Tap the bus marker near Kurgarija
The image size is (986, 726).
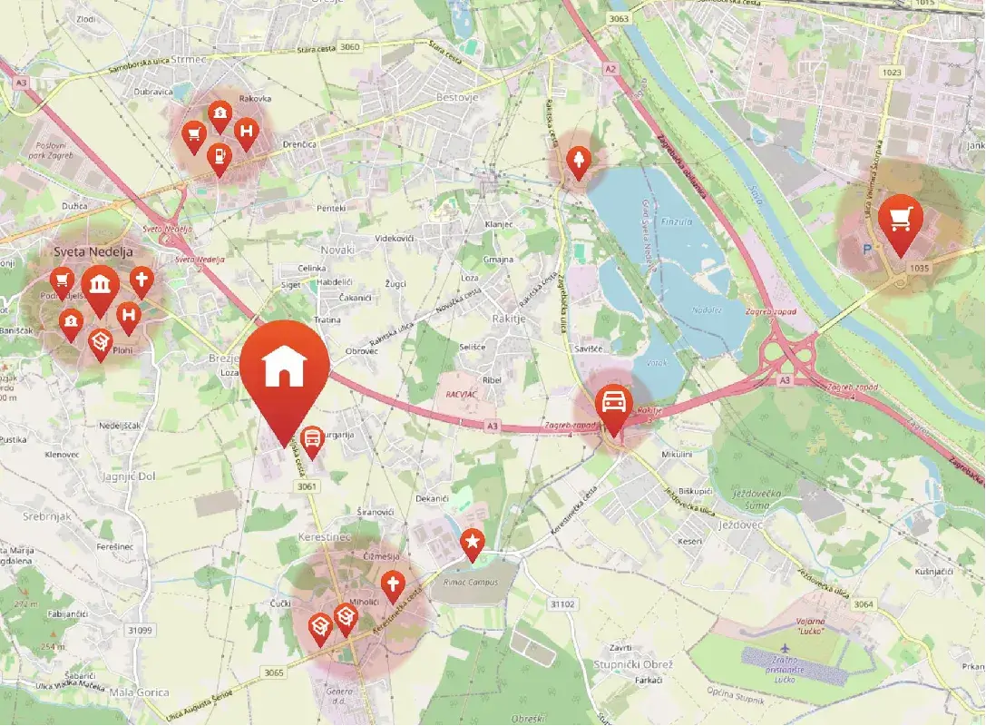click(311, 440)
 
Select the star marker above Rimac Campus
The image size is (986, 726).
click(473, 543)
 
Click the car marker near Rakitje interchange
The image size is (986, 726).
click(613, 403)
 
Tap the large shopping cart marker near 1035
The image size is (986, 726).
click(900, 219)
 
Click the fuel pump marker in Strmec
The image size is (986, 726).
click(219, 157)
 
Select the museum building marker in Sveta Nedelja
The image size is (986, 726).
click(100, 284)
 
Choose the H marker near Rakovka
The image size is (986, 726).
click(245, 132)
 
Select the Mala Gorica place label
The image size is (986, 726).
click(139, 692)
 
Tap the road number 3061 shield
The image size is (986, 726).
click(308, 486)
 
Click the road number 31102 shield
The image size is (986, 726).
click(562, 603)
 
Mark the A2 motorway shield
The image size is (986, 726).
click(610, 69)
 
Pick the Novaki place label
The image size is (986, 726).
click(337, 249)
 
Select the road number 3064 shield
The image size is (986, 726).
click(864, 603)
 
